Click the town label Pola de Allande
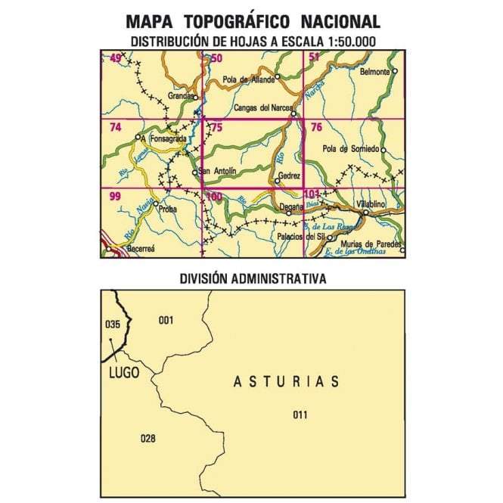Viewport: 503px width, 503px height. point(247,80)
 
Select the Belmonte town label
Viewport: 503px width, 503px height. point(375,72)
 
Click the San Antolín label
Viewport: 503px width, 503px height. point(219,172)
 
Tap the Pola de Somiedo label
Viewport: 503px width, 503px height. point(349,149)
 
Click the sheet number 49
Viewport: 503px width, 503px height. point(116,58)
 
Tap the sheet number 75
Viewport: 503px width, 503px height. point(216,127)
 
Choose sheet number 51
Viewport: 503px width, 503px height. point(313,58)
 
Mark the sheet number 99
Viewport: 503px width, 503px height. point(115,196)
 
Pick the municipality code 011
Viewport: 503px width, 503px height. point(300,414)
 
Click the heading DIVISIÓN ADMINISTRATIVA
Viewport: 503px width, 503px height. point(253,278)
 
